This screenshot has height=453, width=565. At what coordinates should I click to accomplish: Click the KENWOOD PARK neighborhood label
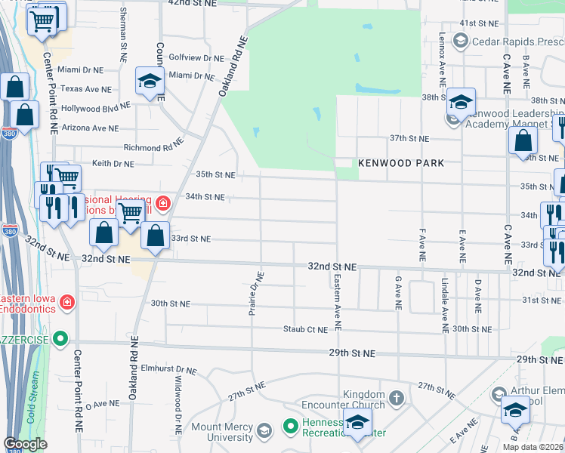(x=400, y=163)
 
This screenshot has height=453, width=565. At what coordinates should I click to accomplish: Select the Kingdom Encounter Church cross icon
(x=397, y=396)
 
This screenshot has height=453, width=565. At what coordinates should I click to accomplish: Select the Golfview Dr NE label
(x=196, y=57)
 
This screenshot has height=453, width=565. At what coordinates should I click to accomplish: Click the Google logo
(x=26, y=445)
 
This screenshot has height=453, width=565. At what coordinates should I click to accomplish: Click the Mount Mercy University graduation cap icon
(x=264, y=431)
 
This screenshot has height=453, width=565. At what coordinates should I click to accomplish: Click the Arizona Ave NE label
(x=91, y=128)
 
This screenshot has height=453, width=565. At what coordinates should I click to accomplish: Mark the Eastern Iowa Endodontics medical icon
(x=67, y=302)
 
